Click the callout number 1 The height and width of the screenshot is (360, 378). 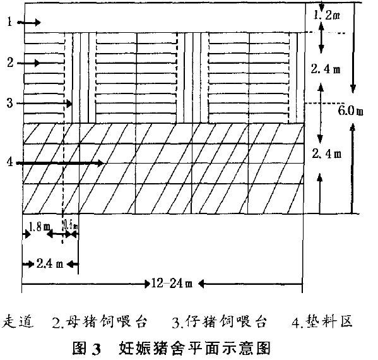pos(9,23)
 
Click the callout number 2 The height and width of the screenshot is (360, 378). pos(9,63)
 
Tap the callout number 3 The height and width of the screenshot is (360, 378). pos(9,103)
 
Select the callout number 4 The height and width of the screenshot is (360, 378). pos(9,163)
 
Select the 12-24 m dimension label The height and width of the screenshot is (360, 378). pos(170,283)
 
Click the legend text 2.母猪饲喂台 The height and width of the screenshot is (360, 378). pos(100,322)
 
